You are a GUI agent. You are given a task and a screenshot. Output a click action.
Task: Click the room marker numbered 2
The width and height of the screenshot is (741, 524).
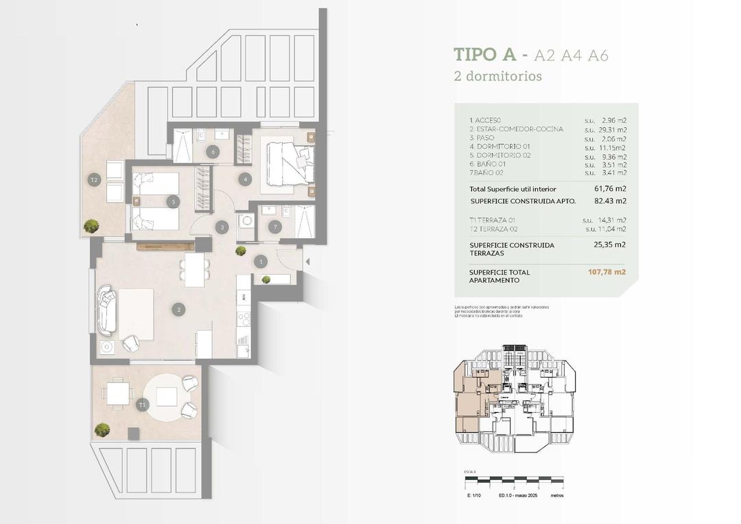[179, 310]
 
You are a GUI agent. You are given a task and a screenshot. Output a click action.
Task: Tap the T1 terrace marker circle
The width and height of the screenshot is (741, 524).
[142, 405]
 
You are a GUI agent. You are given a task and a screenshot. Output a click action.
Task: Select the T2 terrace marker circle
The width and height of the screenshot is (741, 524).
[95, 180]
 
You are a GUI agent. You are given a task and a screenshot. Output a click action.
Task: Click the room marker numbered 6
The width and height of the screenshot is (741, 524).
[213, 152]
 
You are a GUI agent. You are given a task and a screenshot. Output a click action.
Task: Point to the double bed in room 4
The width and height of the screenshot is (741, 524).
[287, 163]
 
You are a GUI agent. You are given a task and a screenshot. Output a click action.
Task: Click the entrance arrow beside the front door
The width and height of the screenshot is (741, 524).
[307, 261]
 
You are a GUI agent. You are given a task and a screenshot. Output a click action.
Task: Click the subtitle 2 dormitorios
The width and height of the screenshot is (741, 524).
[497, 76]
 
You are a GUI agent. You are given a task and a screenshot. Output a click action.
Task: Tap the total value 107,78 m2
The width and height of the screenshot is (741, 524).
[607, 272]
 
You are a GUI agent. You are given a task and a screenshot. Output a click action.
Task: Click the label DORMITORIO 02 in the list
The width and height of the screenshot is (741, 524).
[499, 155]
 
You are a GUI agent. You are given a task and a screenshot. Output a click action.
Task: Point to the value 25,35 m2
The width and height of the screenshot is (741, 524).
[609, 244]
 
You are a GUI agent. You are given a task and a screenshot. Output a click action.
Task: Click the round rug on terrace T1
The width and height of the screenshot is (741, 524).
[167, 397]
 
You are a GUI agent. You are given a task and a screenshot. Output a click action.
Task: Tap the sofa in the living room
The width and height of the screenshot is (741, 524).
[107, 310]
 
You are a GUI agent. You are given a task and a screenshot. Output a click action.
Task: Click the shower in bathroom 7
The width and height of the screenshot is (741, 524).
[304, 221]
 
